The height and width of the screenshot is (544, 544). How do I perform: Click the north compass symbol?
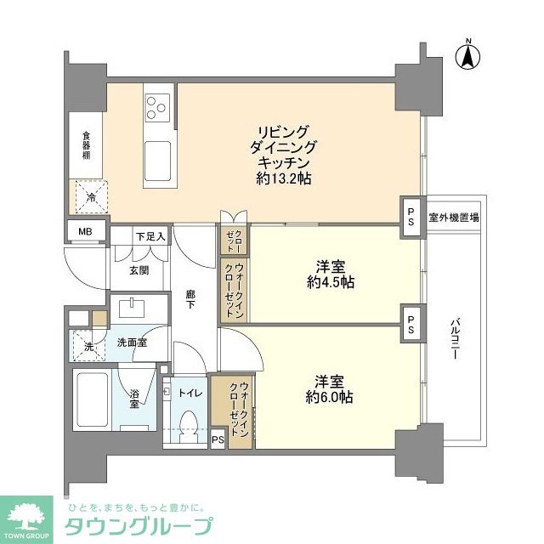click(467, 56)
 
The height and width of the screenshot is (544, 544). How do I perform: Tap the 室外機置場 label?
click(453, 217)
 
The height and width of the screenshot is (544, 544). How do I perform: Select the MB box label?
click(86, 231)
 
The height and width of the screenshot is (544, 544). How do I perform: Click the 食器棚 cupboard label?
click(86, 145)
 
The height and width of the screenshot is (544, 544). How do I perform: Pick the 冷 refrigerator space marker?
click(91, 198)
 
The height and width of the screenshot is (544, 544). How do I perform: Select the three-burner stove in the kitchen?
click(156, 106)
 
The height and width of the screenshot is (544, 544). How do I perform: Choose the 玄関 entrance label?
click(139, 270)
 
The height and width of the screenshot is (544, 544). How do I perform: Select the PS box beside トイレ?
click(217, 439)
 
